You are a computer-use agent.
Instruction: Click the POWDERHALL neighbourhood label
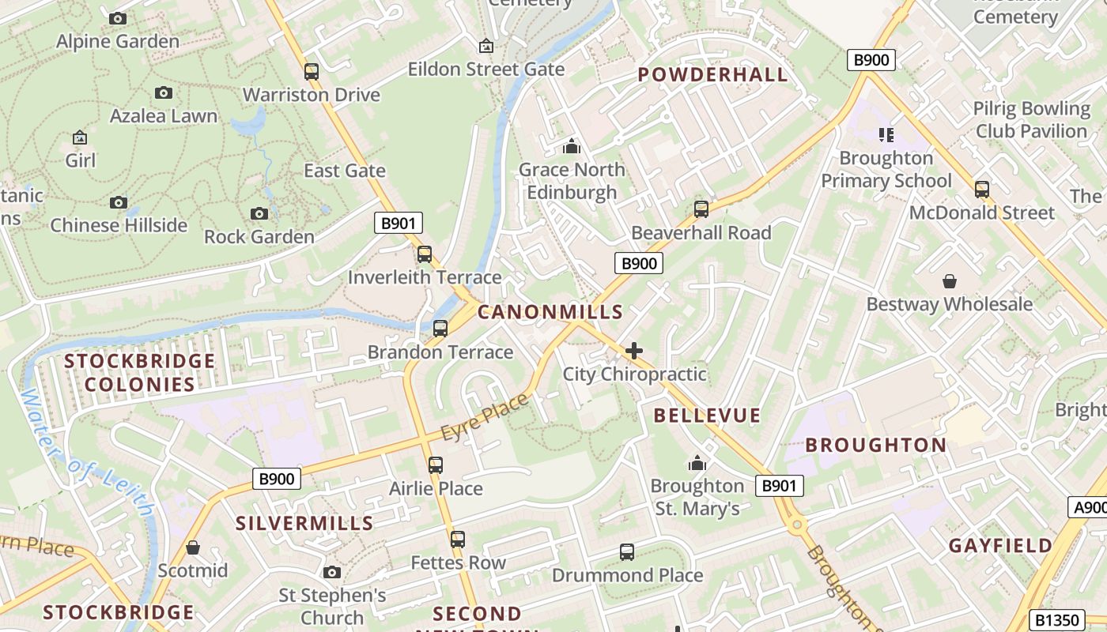click(712, 75)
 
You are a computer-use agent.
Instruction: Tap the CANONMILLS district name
click(550, 312)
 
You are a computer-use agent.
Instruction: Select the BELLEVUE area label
click(707, 416)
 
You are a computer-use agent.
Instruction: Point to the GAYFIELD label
click(1000, 546)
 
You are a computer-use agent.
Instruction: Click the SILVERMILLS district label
click(304, 523)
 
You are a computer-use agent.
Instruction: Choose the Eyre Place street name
click(484, 418)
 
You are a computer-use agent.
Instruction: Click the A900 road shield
click(1089, 507)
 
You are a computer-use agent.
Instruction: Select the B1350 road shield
click(1055, 620)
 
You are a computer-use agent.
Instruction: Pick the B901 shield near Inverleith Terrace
click(399, 223)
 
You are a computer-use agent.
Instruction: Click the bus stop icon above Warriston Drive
click(312, 72)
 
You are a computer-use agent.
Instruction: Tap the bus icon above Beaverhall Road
click(701, 209)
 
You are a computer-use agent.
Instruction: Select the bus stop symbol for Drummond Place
click(627, 552)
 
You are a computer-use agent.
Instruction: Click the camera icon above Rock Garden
click(259, 213)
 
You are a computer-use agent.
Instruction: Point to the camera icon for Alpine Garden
click(118, 18)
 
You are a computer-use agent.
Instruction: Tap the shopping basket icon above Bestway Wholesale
click(949, 281)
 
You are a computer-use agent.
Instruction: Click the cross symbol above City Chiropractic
click(634, 351)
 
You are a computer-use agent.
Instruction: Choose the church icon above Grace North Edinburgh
click(571, 146)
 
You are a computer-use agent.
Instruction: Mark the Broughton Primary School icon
click(886, 135)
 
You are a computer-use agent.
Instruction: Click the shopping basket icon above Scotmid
click(192, 547)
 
